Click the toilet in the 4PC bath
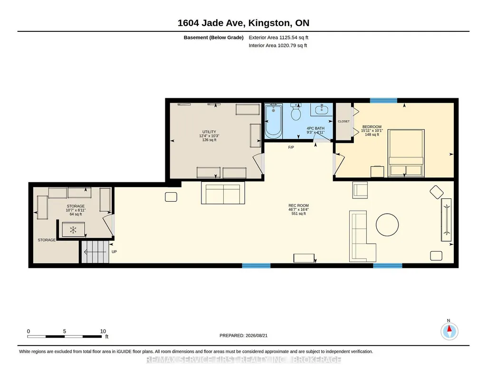pyautogui.click(x=296, y=113)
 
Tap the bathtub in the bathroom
pyautogui.click(x=273, y=121)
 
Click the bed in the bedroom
pyautogui.click(x=406, y=153)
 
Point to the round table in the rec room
pyautogui.click(x=387, y=225)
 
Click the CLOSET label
pyautogui.click(x=344, y=122)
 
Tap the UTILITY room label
pyautogui.click(x=209, y=132)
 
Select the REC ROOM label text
pyautogui.click(x=298, y=206)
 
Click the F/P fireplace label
pyautogui.click(x=291, y=147)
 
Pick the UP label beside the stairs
pyautogui.click(x=115, y=252)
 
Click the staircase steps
pyautogui.click(x=95, y=252)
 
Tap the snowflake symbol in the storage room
pyautogui.click(x=73, y=230)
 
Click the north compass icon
pyautogui.click(x=449, y=331)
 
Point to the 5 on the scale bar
pyautogui.click(x=65, y=331)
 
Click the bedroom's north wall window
pyautogui.click(x=383, y=100)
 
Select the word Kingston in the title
pyautogui.click(x=269, y=23)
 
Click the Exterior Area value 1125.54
pyautogui.click(x=288, y=38)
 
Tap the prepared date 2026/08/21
pyautogui.click(x=257, y=335)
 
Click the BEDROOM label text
pyautogui.click(x=372, y=127)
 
